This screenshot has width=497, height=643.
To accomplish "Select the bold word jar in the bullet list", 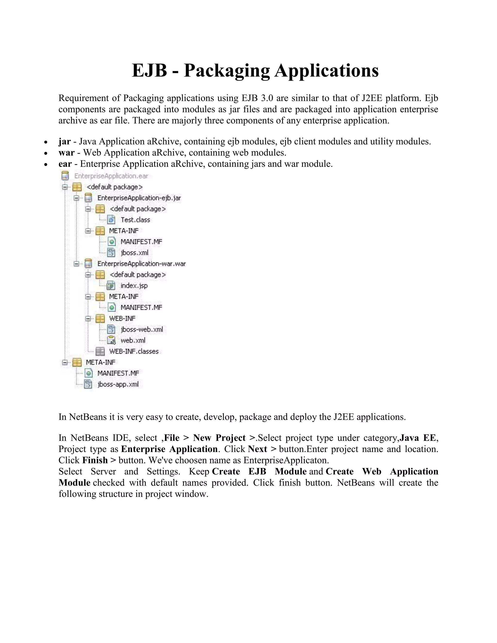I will pyautogui.click(x=65, y=142).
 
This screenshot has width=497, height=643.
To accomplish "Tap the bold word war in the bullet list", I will pyautogui.click(x=66, y=153).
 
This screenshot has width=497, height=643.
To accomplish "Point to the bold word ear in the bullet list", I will pyautogui.click(x=65, y=164).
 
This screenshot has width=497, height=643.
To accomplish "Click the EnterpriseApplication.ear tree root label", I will pyautogui.click(x=111, y=176).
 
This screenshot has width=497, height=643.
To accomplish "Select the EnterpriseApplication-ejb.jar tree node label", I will pyautogui.click(x=139, y=198).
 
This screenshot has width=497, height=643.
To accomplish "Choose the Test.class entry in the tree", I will pyautogui.click(x=135, y=220).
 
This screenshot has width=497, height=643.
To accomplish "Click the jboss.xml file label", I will pyautogui.click(x=134, y=253).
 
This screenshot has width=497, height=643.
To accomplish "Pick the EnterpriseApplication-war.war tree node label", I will pyautogui.click(x=141, y=264).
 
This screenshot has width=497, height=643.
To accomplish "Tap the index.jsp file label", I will pyautogui.click(x=134, y=286).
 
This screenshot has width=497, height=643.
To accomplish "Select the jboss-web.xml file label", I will pyautogui.click(x=142, y=330).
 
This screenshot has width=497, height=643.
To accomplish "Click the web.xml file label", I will pyautogui.click(x=133, y=341).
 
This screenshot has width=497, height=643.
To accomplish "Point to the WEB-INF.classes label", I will pyautogui.click(x=134, y=352).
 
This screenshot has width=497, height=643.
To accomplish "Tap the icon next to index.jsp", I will pyautogui.click(x=111, y=286).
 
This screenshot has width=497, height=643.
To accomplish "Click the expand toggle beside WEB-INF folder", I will pyautogui.click(x=88, y=319).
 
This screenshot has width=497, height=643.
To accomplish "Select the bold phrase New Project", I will pyautogui.click(x=219, y=438).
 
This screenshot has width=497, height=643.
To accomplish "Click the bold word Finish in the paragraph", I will pyautogui.click(x=95, y=461).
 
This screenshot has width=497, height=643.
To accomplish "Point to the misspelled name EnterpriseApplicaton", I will pyautogui.click(x=286, y=461).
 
